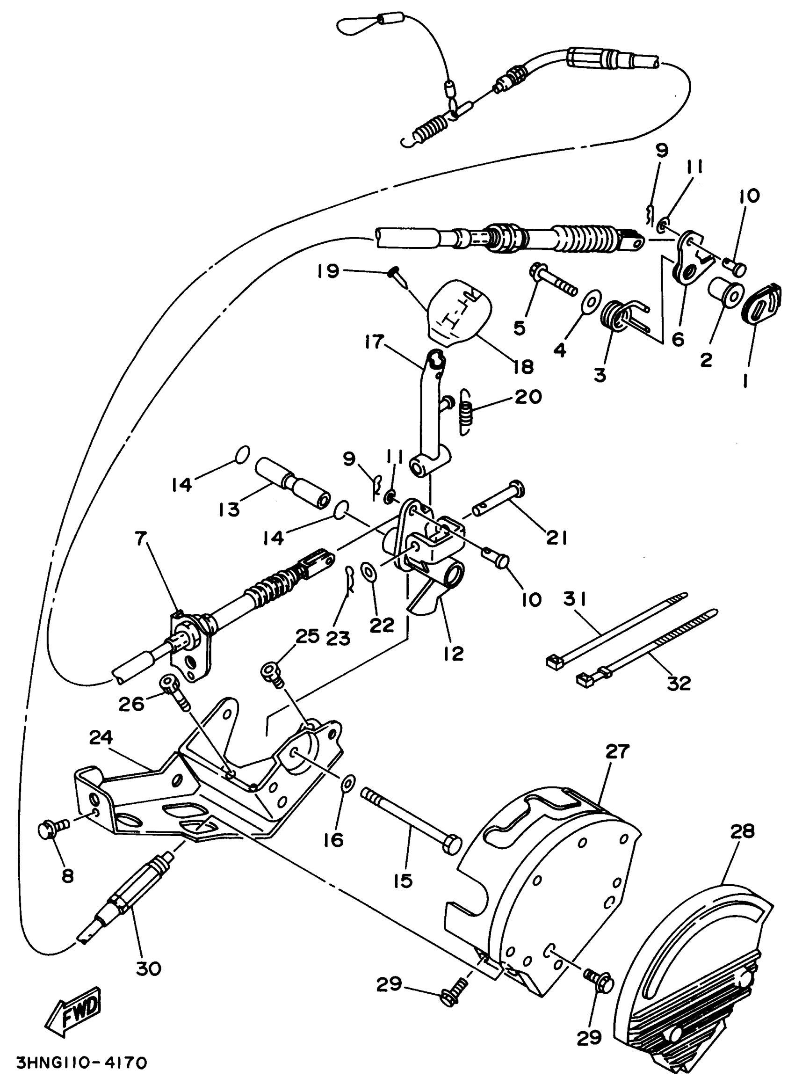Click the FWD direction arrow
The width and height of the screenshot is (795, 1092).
click(x=77, y=1011)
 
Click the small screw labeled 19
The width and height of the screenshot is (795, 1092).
click(x=395, y=275)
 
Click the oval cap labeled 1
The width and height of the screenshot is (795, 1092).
click(x=763, y=304)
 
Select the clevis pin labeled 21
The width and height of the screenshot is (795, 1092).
click(x=498, y=501)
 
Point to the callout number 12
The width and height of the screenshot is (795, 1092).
click(x=453, y=652)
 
